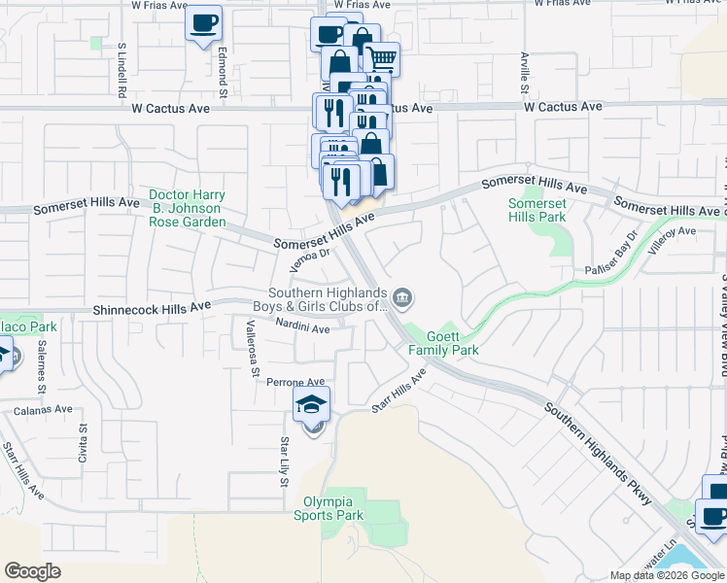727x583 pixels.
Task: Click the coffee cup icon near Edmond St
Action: point(203,23)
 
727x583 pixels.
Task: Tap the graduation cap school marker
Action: point(312,404)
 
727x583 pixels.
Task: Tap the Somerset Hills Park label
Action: point(537,211)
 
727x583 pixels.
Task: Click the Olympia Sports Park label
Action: point(329,508)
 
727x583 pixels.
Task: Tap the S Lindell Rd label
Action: point(122,72)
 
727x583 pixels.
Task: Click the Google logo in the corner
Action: point(33,570)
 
